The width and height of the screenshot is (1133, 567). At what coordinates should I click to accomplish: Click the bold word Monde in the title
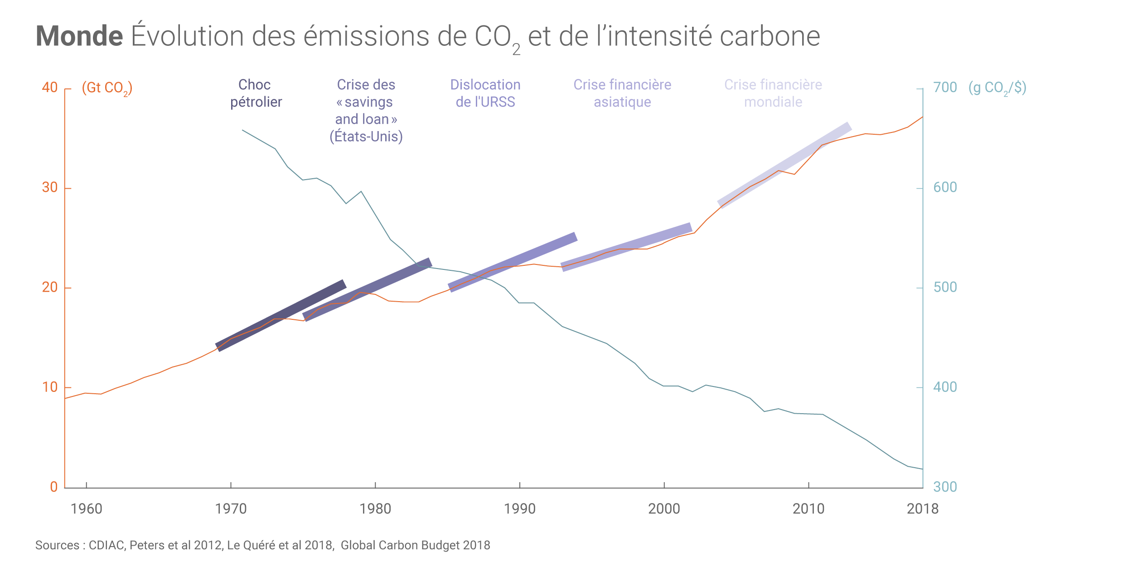pyautogui.click(x=79, y=36)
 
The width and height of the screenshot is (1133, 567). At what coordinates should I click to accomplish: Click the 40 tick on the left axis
pyautogui.click(x=50, y=88)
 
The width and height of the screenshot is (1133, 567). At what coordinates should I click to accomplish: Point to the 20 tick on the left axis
pyautogui.click(x=50, y=287)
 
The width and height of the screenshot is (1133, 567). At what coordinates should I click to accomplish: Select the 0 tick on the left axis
pyautogui.click(x=53, y=487)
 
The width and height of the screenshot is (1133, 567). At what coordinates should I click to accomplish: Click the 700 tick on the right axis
pyautogui.click(x=945, y=88)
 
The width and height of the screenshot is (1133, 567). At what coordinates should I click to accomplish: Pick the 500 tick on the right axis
pyautogui.click(x=945, y=287)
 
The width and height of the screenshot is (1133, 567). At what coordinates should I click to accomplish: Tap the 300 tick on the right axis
pyautogui.click(x=945, y=487)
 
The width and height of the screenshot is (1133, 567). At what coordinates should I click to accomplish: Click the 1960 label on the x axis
pyautogui.click(x=86, y=509)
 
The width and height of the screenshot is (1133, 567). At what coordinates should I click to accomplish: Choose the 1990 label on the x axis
pyautogui.click(x=519, y=509)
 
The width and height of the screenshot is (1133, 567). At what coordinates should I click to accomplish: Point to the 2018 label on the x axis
pyautogui.click(x=922, y=509)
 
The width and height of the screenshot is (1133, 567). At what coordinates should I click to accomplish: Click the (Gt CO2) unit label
pyautogui.click(x=107, y=88)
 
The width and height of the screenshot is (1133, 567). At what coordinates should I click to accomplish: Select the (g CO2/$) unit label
pyautogui.click(x=997, y=88)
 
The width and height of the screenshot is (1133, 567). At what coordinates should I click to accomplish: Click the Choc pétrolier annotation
pyautogui.click(x=256, y=93)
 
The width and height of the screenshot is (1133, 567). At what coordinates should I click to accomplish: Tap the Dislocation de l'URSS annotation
pyautogui.click(x=485, y=93)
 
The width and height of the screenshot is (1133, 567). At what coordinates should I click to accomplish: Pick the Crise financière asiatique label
pyautogui.click(x=622, y=93)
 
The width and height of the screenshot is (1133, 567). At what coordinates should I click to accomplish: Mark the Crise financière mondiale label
pyautogui.click(x=773, y=93)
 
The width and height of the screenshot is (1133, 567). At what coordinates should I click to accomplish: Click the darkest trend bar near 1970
pyautogui.click(x=281, y=315)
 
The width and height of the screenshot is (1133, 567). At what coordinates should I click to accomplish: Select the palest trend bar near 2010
pyautogui.click(x=784, y=165)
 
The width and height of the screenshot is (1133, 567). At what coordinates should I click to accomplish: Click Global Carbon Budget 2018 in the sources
pyautogui.click(x=415, y=545)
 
